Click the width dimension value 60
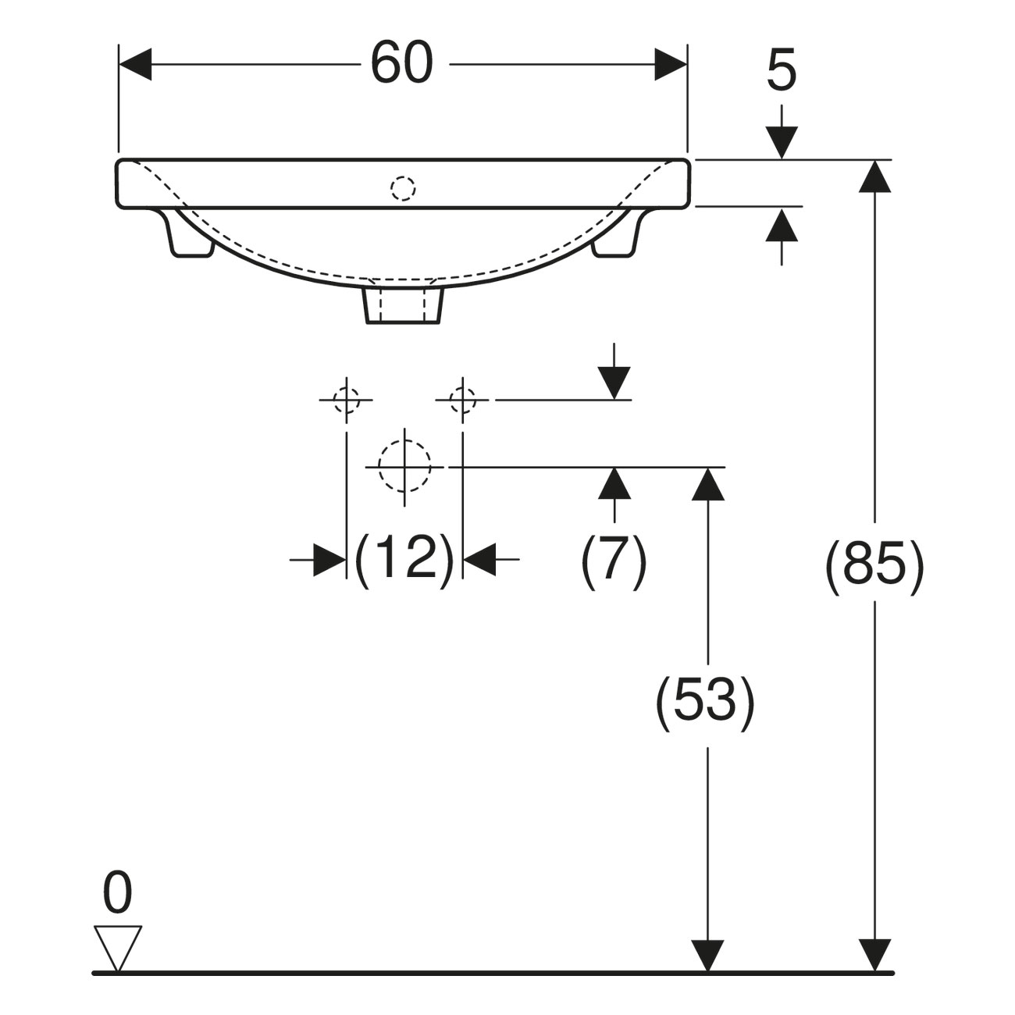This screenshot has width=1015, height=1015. (x=402, y=62)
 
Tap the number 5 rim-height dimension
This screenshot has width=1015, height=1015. (x=781, y=69)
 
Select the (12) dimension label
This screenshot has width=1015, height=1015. (x=404, y=559)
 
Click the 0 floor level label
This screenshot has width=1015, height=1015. (x=117, y=892)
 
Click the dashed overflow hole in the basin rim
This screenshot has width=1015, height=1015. (x=403, y=188)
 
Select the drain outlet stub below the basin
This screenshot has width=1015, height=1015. (x=403, y=305)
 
